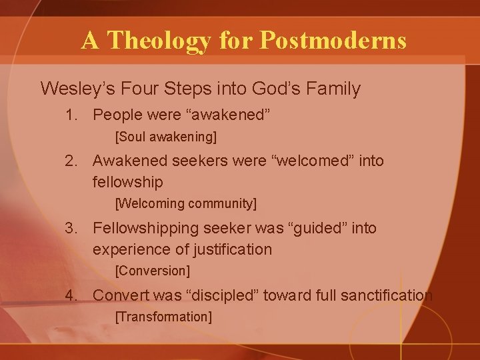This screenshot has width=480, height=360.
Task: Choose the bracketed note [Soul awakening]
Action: click(166, 137)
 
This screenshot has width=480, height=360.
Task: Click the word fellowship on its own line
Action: click(127, 182)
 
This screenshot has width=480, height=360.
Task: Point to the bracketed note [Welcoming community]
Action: click(186, 203)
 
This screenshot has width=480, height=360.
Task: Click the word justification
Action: click(231, 249)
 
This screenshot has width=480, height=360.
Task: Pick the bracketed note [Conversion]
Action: click(153, 271)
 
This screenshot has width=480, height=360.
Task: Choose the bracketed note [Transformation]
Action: click(163, 317)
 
